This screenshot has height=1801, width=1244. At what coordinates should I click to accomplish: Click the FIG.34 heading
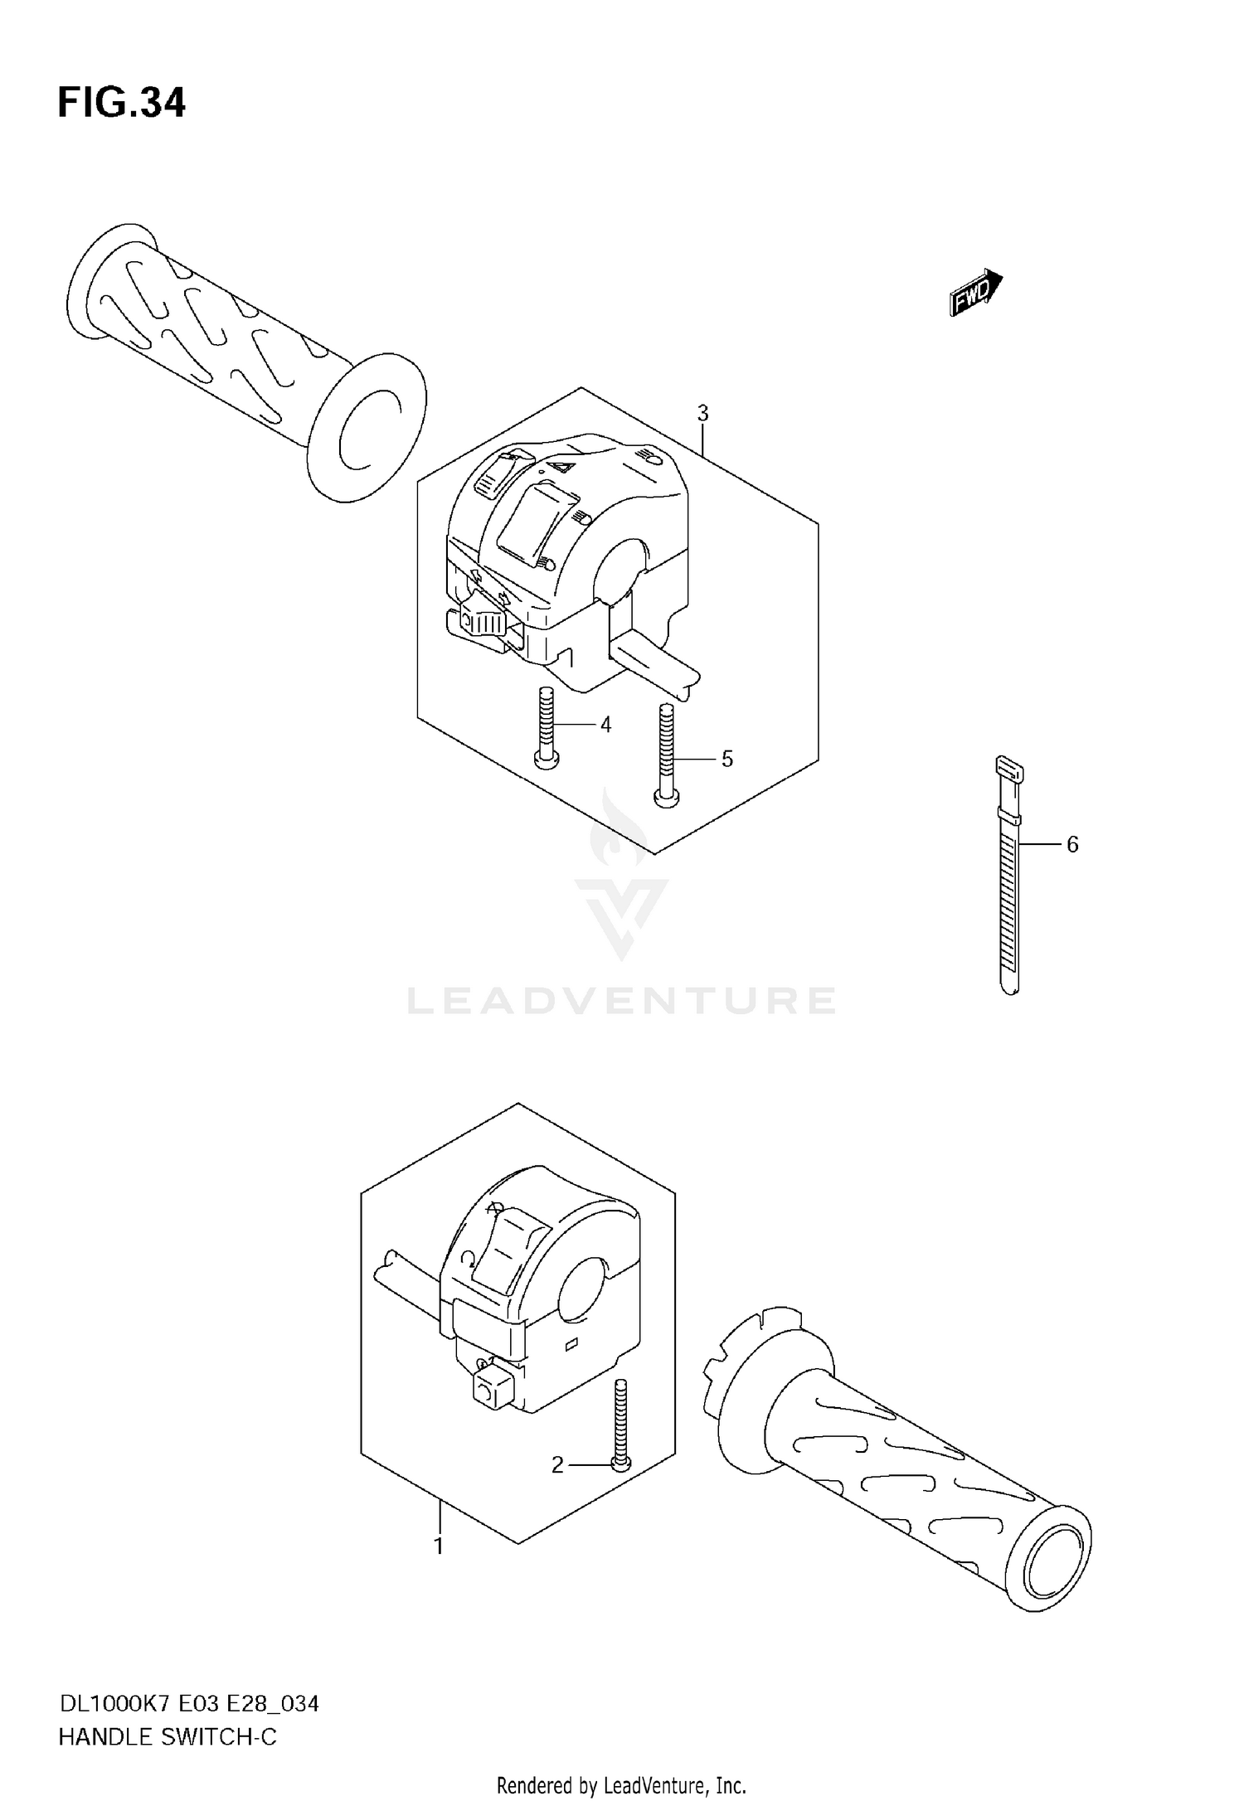pos(122,104)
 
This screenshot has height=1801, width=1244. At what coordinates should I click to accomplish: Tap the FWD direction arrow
pos(975,292)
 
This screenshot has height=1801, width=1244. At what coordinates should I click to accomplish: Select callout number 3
pos(702,413)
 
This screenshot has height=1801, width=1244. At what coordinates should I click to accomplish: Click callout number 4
pos(605,725)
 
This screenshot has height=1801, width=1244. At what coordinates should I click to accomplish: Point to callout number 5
pos(726,759)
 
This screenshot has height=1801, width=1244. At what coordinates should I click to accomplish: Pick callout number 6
pos(1071,844)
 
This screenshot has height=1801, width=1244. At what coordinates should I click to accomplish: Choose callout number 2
pos(557,1465)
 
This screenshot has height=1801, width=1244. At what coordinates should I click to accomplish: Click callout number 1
pos(439,1546)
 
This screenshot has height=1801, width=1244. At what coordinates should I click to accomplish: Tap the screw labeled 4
pos(546,730)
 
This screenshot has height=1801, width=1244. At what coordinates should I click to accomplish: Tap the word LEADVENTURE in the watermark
pos(621,1001)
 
